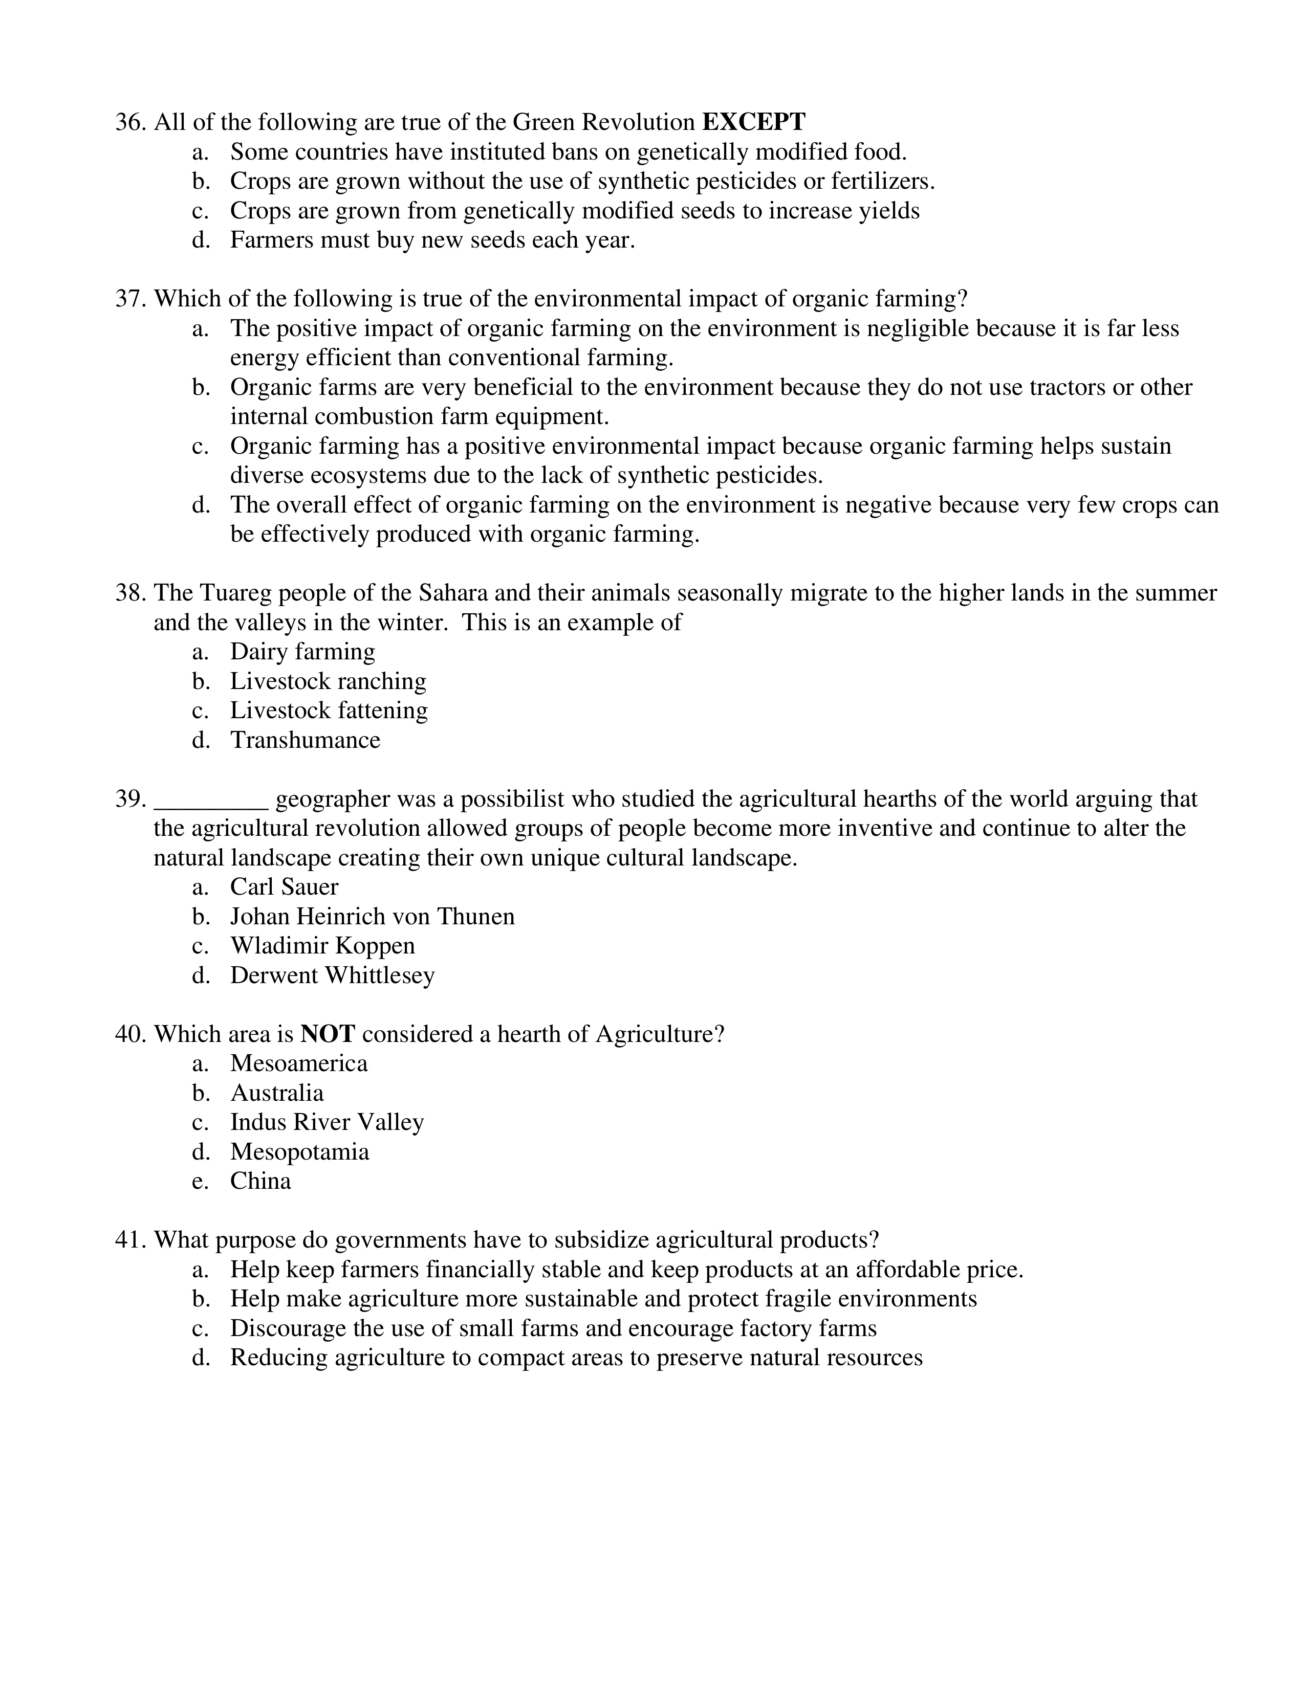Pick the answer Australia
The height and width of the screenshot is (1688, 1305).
click(277, 1093)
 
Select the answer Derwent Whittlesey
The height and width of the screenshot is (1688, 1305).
click(333, 975)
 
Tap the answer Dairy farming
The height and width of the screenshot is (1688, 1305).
click(302, 652)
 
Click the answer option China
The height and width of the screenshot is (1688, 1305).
click(260, 1181)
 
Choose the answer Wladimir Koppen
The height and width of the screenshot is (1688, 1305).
click(322, 946)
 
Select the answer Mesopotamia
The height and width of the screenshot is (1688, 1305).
click(299, 1151)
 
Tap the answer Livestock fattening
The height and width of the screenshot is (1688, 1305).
click(329, 711)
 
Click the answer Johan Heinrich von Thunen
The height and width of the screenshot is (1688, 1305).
click(372, 917)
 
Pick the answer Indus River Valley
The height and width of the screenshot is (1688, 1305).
click(327, 1122)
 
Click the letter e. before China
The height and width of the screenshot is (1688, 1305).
click(200, 1181)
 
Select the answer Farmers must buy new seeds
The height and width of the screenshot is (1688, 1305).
click(432, 240)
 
